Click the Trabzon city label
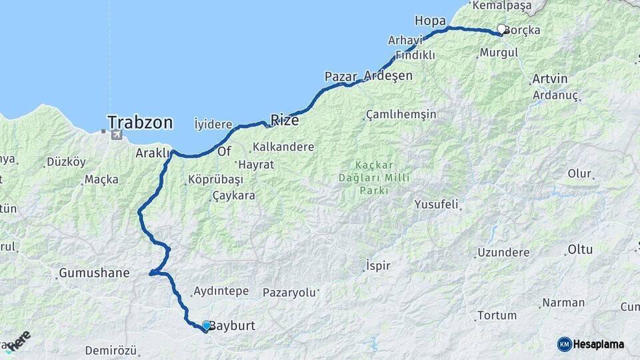tap(140, 123)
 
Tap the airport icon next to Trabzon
tap(117, 135)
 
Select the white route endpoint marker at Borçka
tap(501, 29)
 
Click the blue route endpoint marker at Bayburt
tap(207, 325)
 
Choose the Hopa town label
tap(429, 19)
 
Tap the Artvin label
tap(550, 79)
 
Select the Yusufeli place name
tap(436, 203)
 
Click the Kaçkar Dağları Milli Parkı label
tap(373, 177)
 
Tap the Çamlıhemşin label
tap(402, 115)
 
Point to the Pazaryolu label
tap(288, 292)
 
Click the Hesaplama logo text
tap(599, 344)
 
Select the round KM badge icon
tap(565, 344)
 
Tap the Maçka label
tap(102, 179)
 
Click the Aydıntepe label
tap(221, 291)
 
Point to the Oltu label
tap(579, 250)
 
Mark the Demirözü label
tap(111, 351)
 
